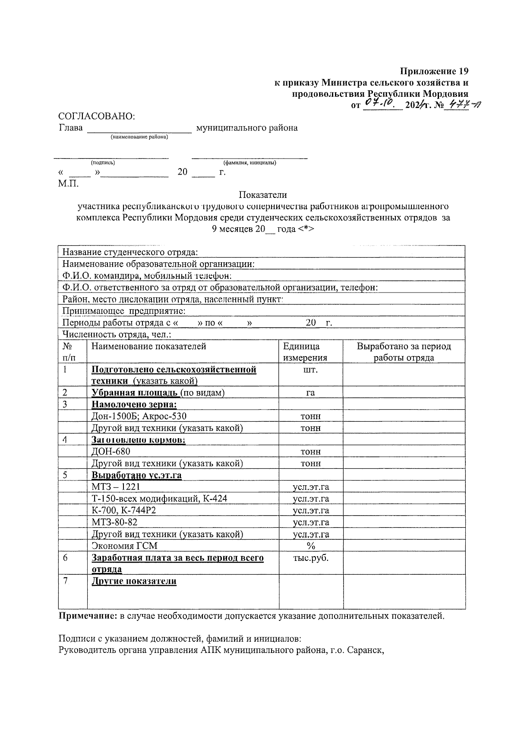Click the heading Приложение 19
[434, 70]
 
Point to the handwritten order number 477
[459, 104]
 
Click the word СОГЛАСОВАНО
[97, 116]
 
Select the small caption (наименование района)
[139, 137]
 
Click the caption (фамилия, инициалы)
[250, 163]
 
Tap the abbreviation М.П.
[69, 183]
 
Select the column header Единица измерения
[305, 352]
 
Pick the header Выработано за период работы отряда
[404, 352]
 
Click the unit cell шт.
[310, 370]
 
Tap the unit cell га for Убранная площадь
[310, 393]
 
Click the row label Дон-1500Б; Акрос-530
[139, 416]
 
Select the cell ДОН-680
[111, 452]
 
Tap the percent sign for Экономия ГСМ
[310, 546]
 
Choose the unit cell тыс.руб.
[310, 558]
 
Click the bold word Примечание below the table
[88, 616]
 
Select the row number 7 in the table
[65, 581]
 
